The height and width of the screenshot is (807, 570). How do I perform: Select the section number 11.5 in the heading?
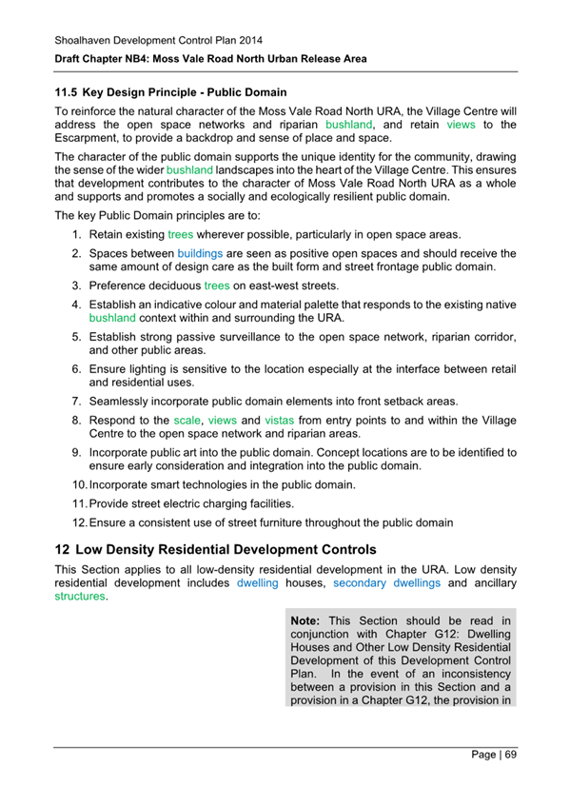click(x=66, y=93)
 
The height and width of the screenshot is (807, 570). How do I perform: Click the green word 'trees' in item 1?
click(x=180, y=234)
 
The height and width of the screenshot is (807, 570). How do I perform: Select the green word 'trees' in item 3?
click(x=217, y=285)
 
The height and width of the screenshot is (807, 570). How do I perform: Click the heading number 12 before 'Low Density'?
click(x=62, y=550)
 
